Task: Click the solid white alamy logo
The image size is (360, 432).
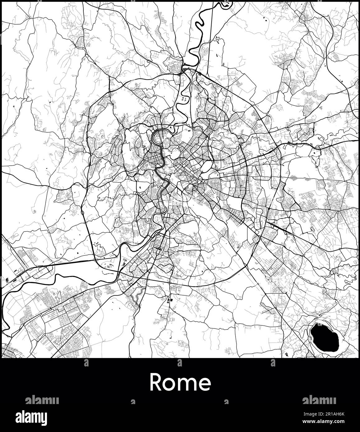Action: pos(36,417)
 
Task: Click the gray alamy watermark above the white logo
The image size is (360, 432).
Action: pos(42,400)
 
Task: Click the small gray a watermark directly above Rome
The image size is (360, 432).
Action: pos(180,362)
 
